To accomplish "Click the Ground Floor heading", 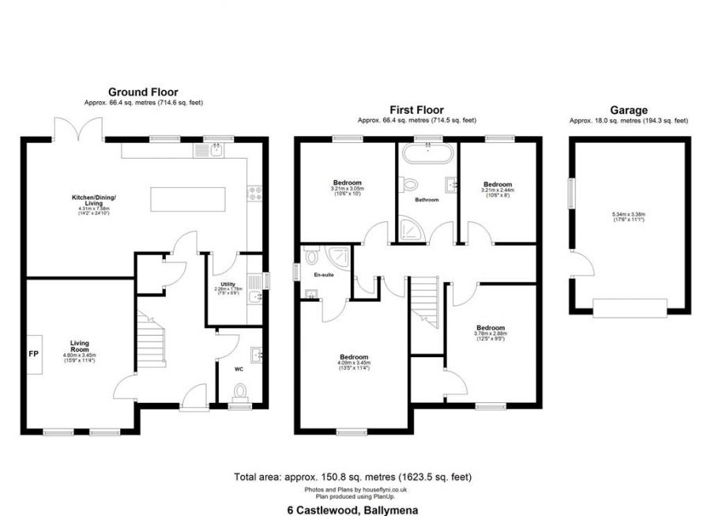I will (x=143, y=92).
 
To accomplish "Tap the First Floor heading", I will (x=417, y=110).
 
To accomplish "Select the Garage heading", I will (x=629, y=111).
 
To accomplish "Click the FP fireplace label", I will (x=35, y=354).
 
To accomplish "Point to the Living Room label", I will (x=79, y=346).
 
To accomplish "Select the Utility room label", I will (x=228, y=284).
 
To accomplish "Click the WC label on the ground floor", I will (x=239, y=368).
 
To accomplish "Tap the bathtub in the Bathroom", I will (x=427, y=155).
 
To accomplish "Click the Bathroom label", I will (x=427, y=200).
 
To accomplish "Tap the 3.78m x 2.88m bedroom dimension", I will (x=490, y=334).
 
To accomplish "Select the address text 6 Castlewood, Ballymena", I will (x=355, y=510).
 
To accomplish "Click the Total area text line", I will (x=353, y=477).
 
